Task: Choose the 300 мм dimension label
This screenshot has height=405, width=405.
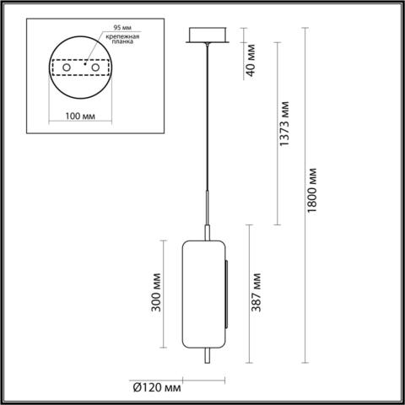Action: tap(154, 291)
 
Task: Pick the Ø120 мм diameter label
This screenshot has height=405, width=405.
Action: tap(156, 387)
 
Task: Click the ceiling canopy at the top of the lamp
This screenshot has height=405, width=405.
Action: tap(203, 36)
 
